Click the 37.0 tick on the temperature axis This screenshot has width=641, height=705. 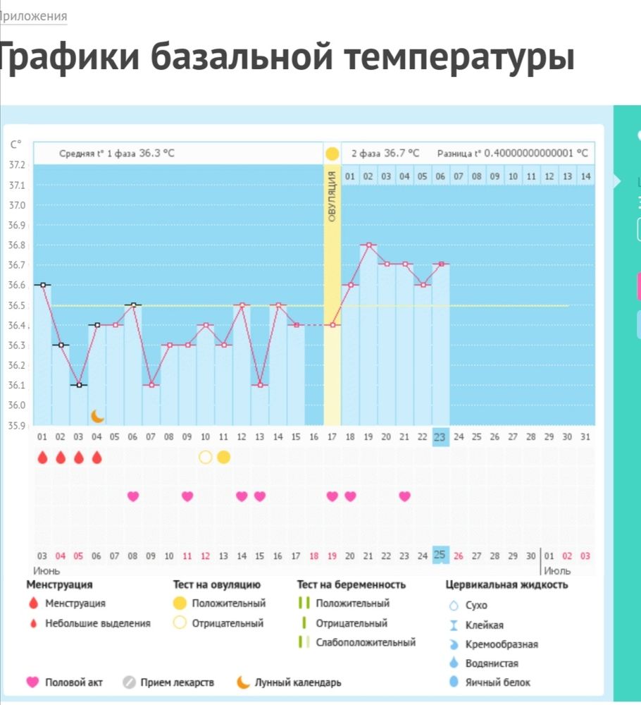(15, 205)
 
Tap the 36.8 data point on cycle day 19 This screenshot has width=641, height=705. (368, 245)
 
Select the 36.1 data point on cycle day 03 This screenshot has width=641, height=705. (79, 385)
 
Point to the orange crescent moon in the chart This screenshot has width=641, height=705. (97, 417)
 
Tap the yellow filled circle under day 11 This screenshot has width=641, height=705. (223, 457)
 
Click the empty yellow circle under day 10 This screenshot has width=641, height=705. (205, 457)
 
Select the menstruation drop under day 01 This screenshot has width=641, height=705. (42, 458)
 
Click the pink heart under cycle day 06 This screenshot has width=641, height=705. (133, 496)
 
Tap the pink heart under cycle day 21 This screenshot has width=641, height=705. (404, 496)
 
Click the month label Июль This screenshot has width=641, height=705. (557, 570)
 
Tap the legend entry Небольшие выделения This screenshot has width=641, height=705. (97, 623)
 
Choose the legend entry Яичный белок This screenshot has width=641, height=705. (497, 682)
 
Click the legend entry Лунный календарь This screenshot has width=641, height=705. (297, 682)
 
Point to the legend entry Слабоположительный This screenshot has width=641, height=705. (365, 642)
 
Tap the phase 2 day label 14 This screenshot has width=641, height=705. (585, 176)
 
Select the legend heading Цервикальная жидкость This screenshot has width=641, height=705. (506, 584)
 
